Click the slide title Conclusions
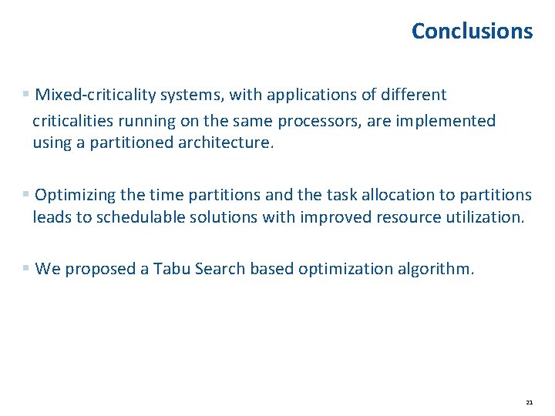pos(472,31)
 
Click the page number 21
pos(529,402)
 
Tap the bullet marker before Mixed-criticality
pos(26,95)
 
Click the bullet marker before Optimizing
pos(26,195)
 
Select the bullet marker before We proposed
pos(26,269)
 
